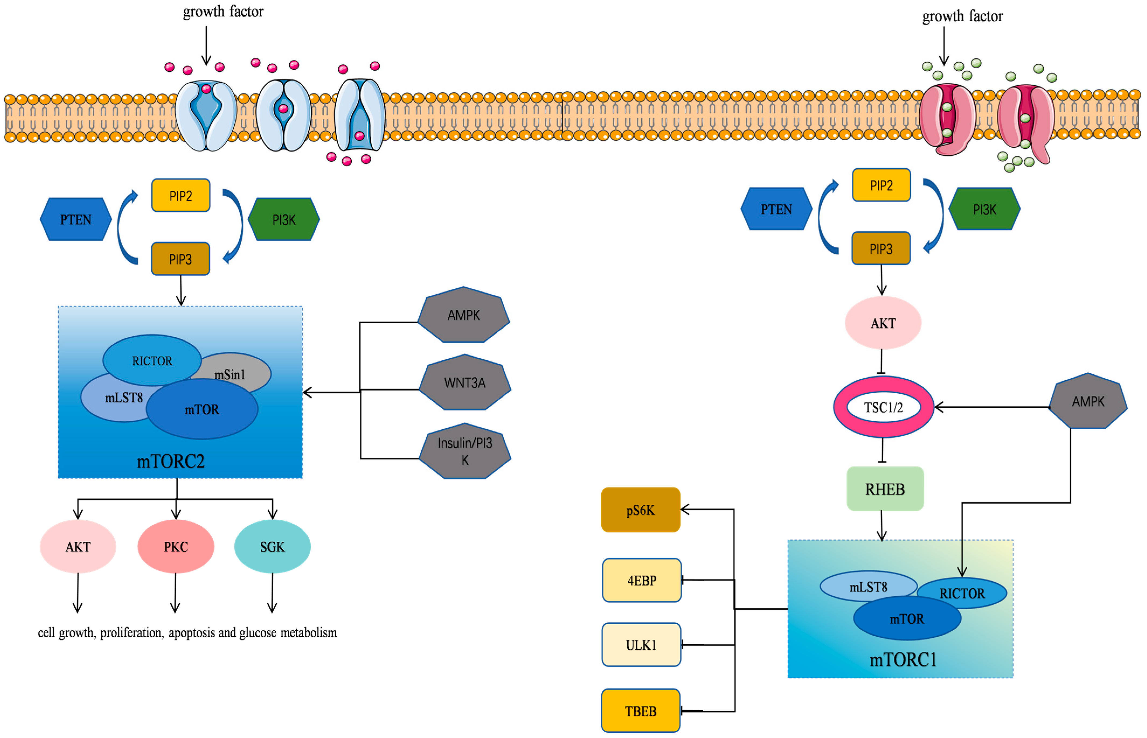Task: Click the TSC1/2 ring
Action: pos(883,407)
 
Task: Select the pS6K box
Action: pos(640,510)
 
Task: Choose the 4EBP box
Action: pos(641,580)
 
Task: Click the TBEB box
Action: pos(640,711)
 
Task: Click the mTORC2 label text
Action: pos(171,461)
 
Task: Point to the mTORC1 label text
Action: pos(903,659)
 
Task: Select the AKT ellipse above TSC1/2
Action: pos(882,323)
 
